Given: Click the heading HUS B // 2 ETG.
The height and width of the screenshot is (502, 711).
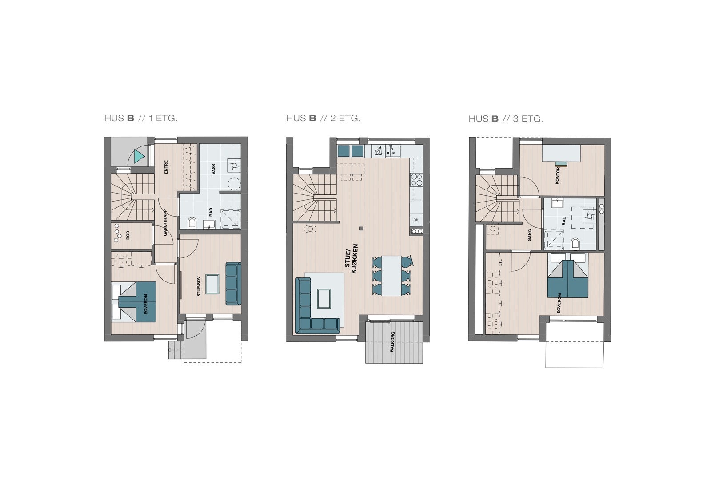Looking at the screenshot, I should click(x=323, y=118).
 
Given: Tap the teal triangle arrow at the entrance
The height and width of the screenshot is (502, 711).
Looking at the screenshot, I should click(x=139, y=156).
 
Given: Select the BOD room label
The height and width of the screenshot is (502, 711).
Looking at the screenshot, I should click(x=128, y=236).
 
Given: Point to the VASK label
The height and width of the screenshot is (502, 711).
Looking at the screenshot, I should click(x=213, y=169).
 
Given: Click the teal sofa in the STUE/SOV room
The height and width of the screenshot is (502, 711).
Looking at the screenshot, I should click(x=233, y=284).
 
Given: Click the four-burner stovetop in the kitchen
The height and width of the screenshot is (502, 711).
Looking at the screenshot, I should click(x=416, y=179).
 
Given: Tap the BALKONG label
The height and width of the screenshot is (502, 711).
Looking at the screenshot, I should click(x=392, y=342).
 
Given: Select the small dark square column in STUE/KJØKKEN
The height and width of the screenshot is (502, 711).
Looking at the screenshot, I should click(x=362, y=229).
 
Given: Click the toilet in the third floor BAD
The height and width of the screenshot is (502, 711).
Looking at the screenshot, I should click(x=575, y=243).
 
